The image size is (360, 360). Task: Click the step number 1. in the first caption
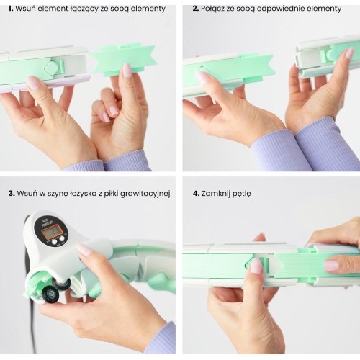pyautogui.click(x=11, y=9)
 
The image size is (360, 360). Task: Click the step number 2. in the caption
pyautogui.click(x=196, y=9)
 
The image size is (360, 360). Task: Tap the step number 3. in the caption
pyautogui.click(x=12, y=193)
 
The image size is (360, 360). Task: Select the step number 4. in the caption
pyautogui.click(x=196, y=193)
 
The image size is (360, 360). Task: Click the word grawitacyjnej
pyautogui.click(x=145, y=194)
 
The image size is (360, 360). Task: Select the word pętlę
pyautogui.click(x=243, y=194)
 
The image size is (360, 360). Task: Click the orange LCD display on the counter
pyautogui.click(x=51, y=232)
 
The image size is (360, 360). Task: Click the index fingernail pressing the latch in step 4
pyautogui.click(x=256, y=266)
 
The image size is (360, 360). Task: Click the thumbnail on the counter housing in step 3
pyautogui.click(x=84, y=250)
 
